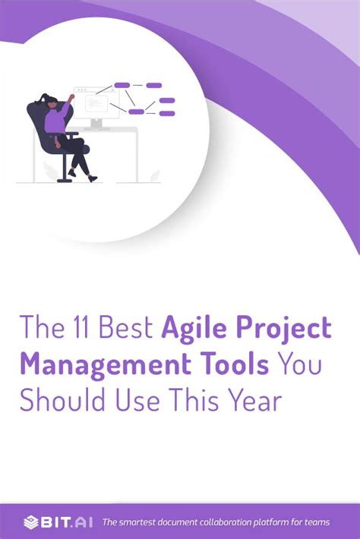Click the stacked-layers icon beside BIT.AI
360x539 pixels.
pos(30,522)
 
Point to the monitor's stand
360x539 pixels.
pos(96,123)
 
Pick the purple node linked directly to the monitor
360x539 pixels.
pos(122,85)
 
